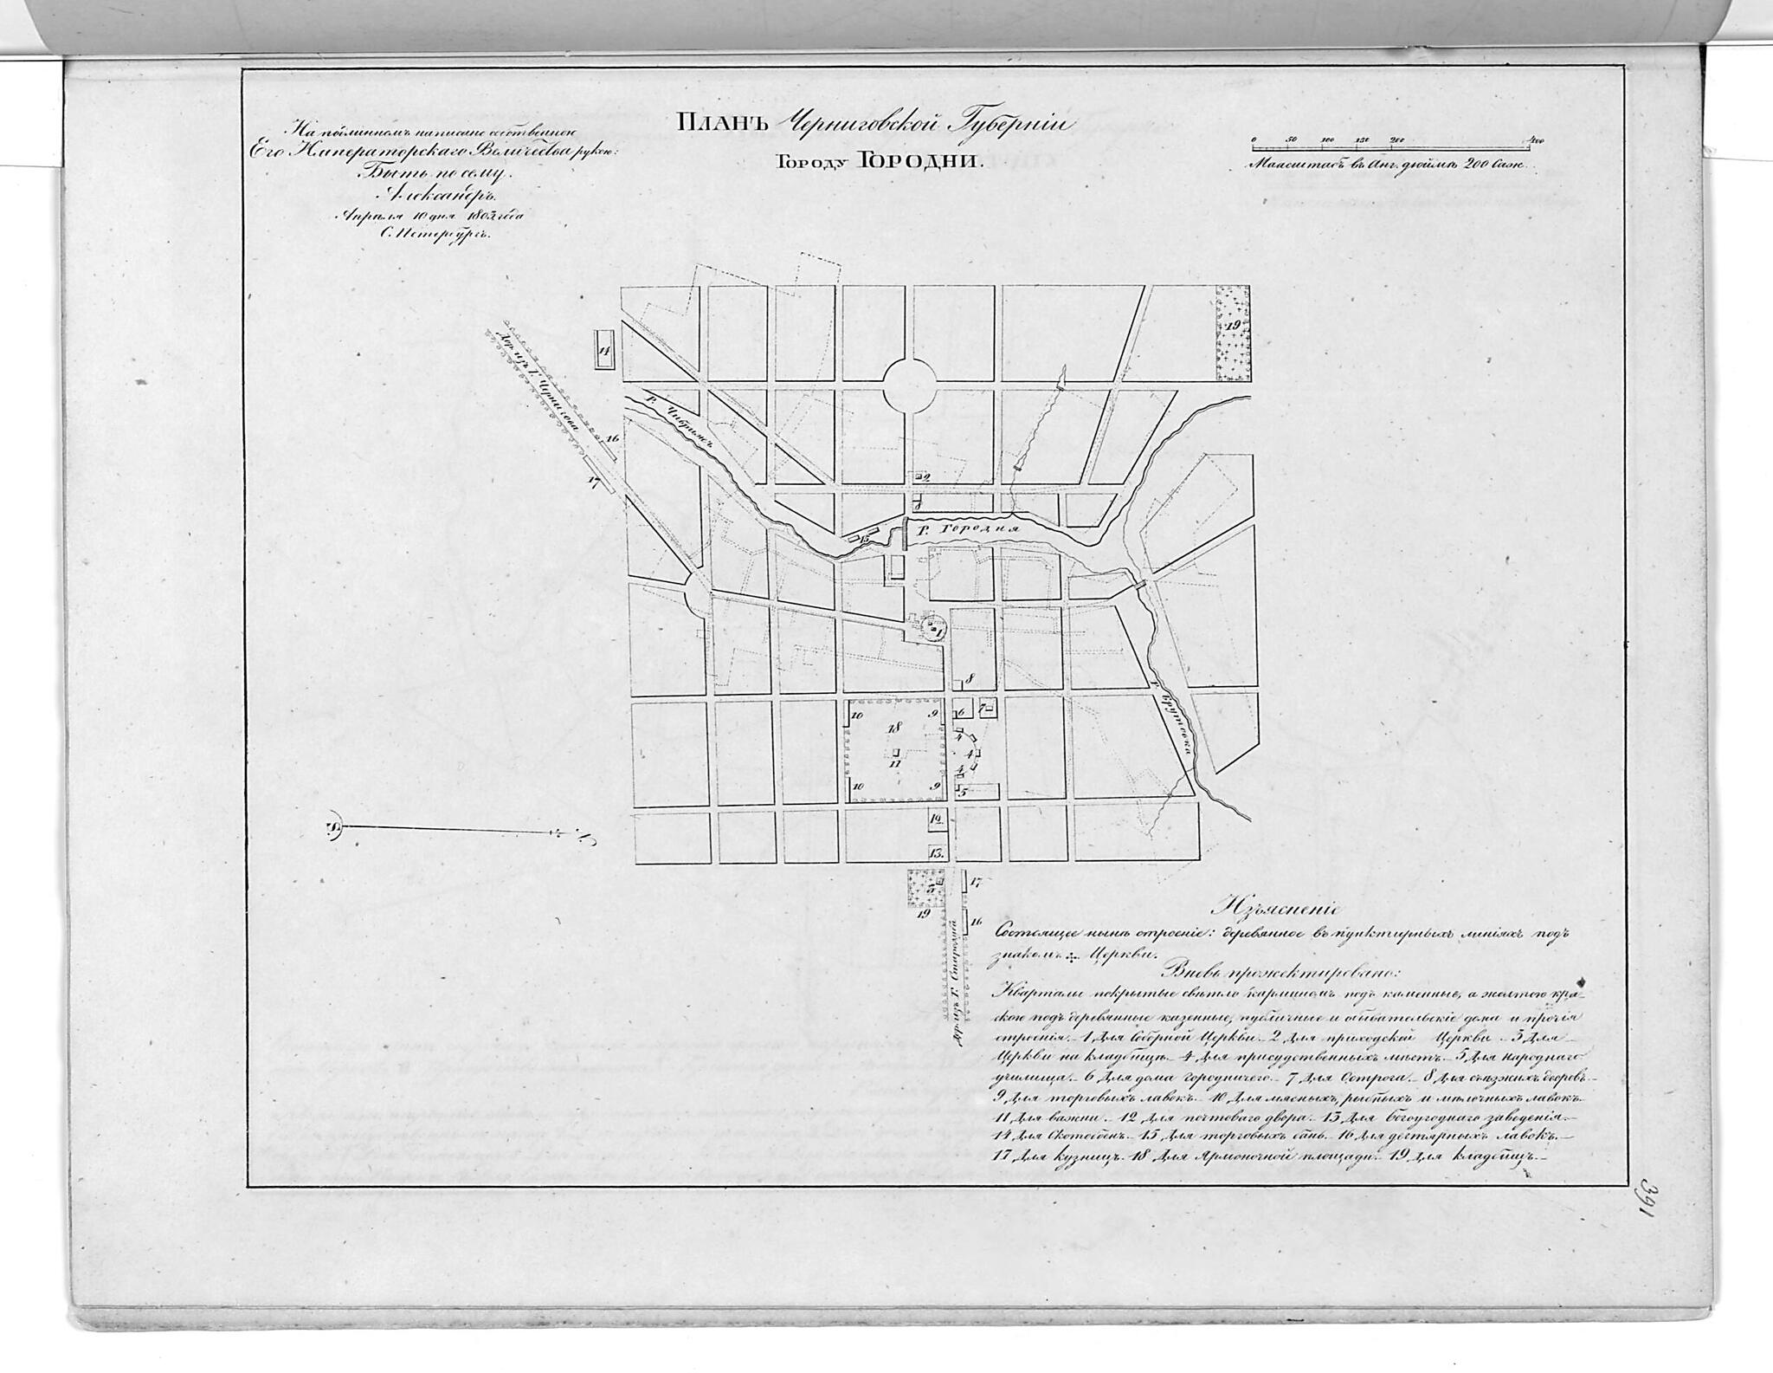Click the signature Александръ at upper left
(x=424, y=196)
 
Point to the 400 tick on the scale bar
(x=1536, y=139)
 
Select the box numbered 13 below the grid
(x=936, y=852)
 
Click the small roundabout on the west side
(x=698, y=597)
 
